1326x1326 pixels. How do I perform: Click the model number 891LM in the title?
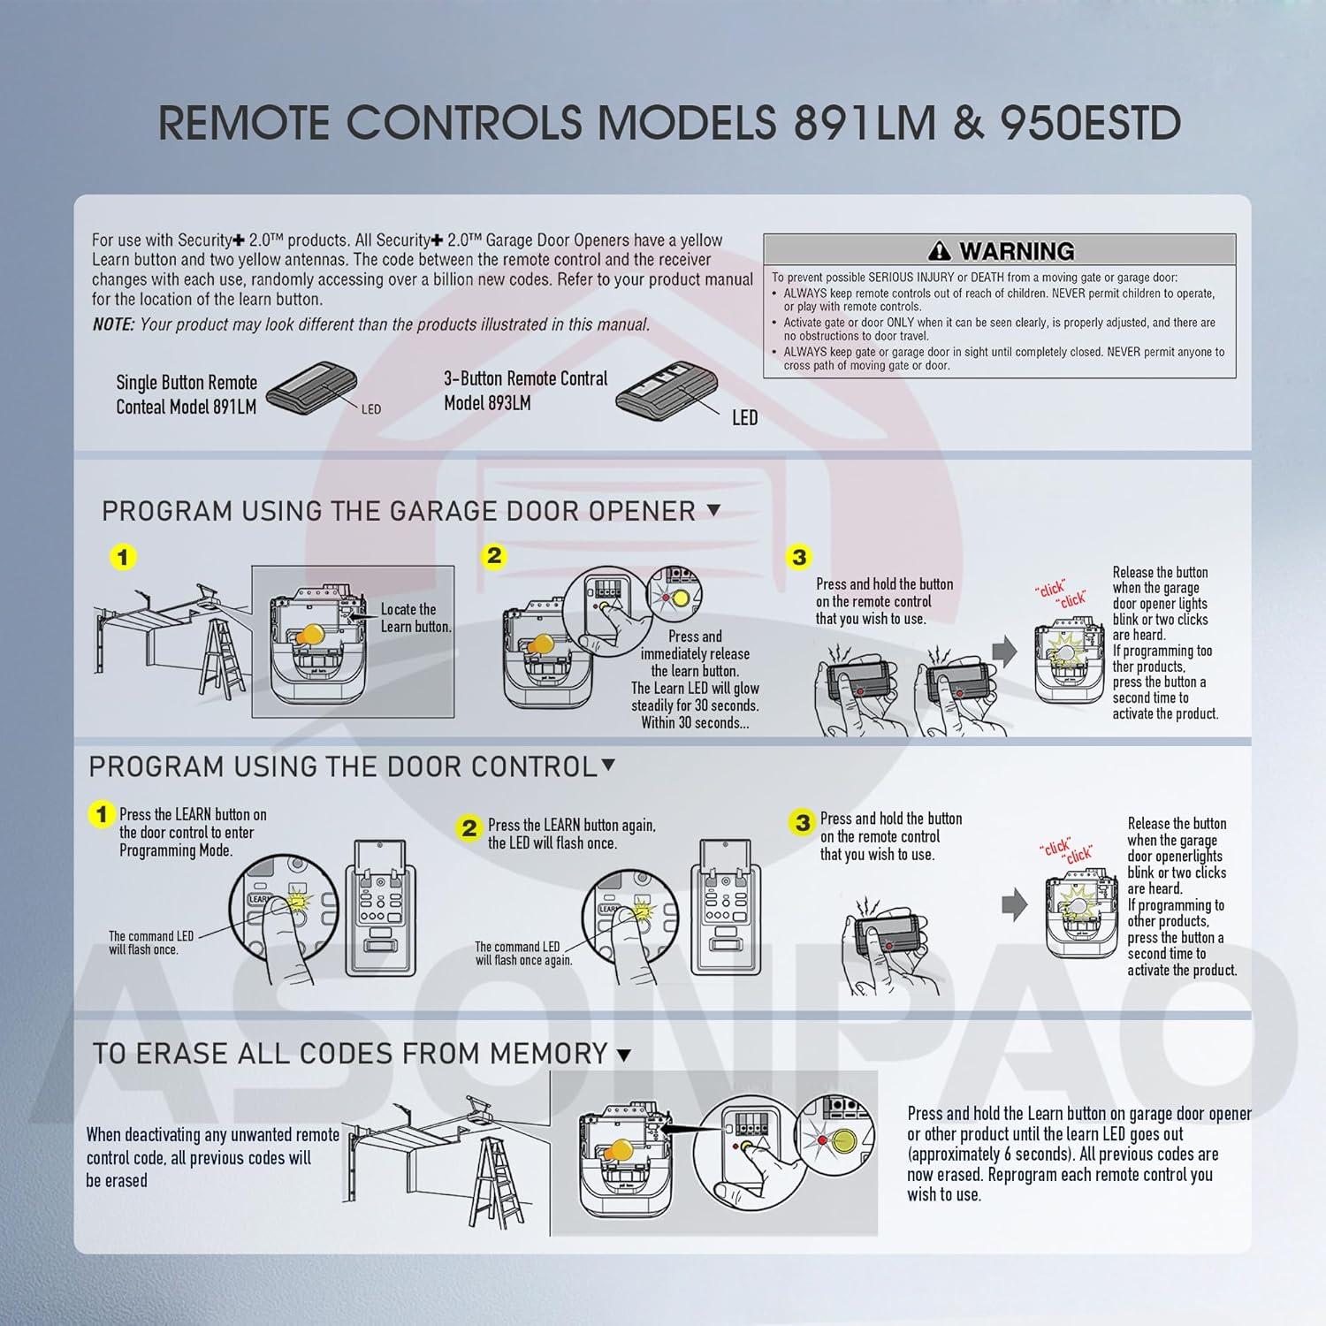[864, 123]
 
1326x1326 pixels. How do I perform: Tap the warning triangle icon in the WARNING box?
[940, 251]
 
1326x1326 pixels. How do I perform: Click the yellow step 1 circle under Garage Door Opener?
[123, 558]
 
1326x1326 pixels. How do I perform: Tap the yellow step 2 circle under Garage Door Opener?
[494, 556]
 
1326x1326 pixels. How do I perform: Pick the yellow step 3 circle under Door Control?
[802, 823]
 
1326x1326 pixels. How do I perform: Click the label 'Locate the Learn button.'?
[415, 618]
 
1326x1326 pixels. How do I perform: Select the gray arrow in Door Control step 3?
[1015, 904]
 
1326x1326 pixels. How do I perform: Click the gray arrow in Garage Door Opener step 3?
[1005, 652]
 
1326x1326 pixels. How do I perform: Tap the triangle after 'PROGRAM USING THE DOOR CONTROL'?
[608, 766]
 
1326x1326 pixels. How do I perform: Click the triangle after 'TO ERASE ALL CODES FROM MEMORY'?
[623, 1055]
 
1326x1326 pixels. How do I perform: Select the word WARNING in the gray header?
[1017, 251]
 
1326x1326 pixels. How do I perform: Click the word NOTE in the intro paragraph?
[113, 324]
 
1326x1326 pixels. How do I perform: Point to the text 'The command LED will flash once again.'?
[523, 953]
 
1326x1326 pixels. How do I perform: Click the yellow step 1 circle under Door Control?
[103, 813]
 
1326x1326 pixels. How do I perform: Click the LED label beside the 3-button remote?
[744, 418]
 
